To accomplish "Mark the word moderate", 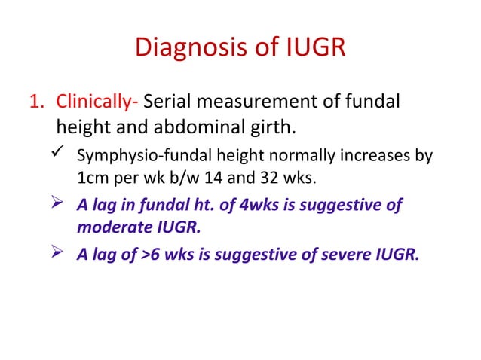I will (111, 228).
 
